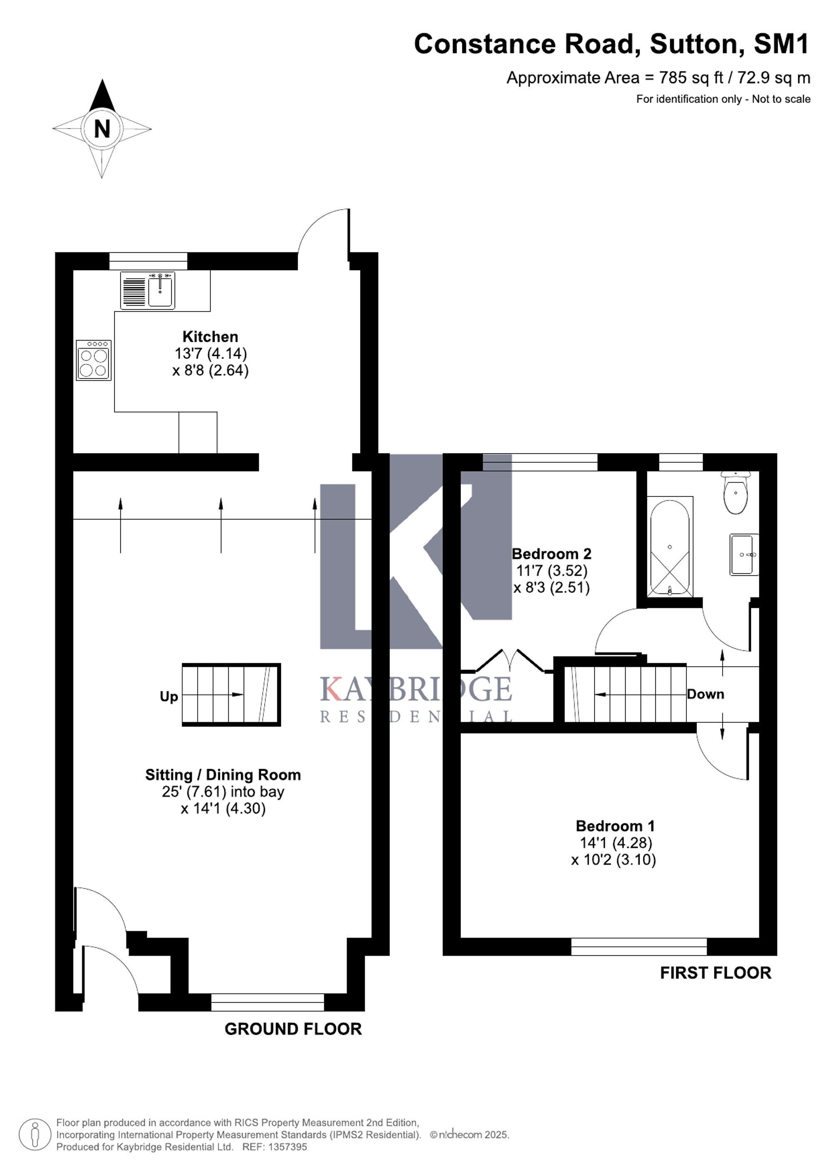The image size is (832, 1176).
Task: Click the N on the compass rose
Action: click(x=102, y=128)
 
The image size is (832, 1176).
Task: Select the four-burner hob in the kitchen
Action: click(x=93, y=360)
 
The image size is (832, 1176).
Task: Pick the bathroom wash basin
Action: click(x=744, y=554)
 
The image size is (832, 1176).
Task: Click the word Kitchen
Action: click(x=210, y=336)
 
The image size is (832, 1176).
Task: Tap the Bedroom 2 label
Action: click(x=551, y=553)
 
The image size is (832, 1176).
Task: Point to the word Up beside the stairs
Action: click(x=169, y=697)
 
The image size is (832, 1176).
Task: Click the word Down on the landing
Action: click(x=706, y=694)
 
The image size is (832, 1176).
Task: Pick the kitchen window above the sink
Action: click(x=148, y=261)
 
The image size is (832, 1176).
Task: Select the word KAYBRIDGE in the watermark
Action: click(x=416, y=689)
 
